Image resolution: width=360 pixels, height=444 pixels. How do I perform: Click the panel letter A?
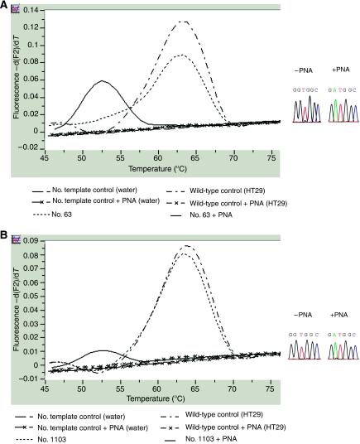tap(6, 5)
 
